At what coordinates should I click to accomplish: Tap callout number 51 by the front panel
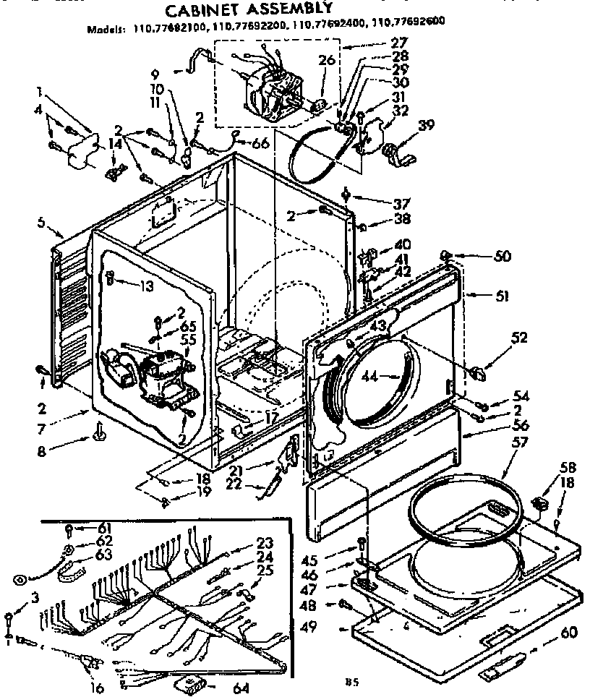[482, 295]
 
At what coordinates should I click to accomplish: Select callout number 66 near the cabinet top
[260, 143]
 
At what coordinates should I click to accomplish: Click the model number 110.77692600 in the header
[409, 30]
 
